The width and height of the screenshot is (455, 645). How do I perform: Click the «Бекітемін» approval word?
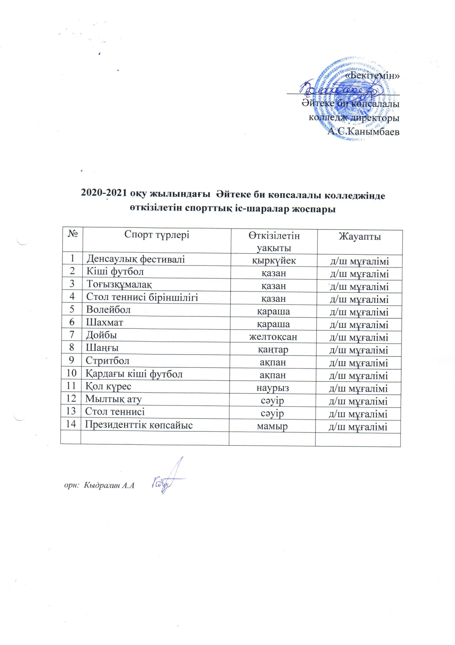(372, 76)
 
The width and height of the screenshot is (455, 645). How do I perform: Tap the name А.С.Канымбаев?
(363, 131)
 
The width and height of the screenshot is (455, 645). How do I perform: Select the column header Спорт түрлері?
(157, 235)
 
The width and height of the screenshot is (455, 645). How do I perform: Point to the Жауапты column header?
(360, 236)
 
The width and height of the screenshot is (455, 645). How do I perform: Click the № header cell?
(73, 234)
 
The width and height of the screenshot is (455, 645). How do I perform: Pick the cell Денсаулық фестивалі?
(136, 259)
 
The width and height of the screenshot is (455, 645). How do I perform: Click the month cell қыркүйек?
(274, 260)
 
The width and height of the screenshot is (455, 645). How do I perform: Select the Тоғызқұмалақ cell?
(119, 284)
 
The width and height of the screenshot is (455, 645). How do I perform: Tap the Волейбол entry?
(108, 309)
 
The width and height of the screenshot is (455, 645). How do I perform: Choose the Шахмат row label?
(104, 322)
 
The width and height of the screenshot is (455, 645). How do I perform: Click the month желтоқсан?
(273, 337)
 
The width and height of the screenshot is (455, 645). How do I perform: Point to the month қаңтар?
(273, 350)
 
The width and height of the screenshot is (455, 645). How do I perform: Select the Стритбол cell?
(107, 361)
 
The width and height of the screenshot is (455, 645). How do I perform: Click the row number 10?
(71, 373)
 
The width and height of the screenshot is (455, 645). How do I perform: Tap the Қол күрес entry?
(108, 386)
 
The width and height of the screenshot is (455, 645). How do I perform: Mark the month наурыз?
(273, 388)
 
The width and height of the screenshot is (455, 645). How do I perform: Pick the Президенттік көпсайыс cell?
(139, 425)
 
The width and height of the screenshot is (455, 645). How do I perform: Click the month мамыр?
(272, 426)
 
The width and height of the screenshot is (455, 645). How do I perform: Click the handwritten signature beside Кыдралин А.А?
(169, 479)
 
